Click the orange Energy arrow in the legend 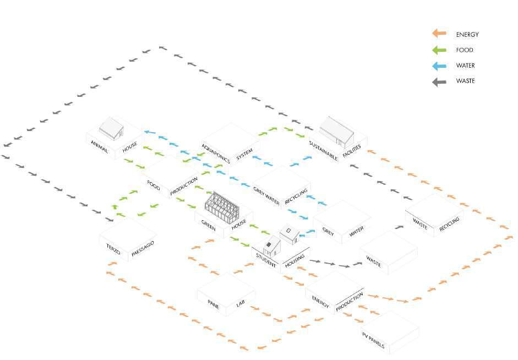pyautogui.click(x=439, y=34)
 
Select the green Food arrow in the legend pyautogui.click(x=439, y=50)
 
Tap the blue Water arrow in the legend pyautogui.click(x=439, y=66)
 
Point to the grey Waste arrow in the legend pyautogui.click(x=439, y=81)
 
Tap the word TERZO pyautogui.click(x=113, y=247)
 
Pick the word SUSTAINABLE pyautogui.click(x=323, y=150)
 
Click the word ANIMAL pyautogui.click(x=100, y=147)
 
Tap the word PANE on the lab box pyautogui.click(x=213, y=303)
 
